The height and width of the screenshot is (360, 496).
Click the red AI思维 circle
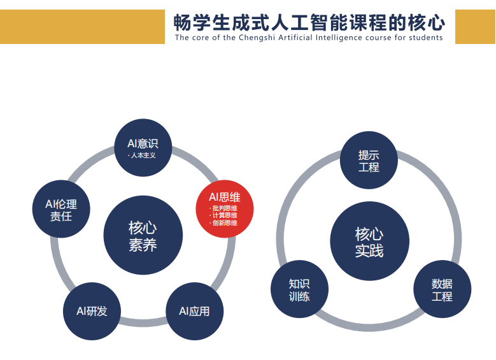pyautogui.click(x=225, y=209)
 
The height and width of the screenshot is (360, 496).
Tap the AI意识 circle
pyautogui.click(x=143, y=148)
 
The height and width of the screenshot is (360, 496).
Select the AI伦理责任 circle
pyautogui.click(x=61, y=209)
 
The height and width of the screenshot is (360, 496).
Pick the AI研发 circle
pyautogui.click(x=92, y=311)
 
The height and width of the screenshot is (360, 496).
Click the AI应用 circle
pyautogui.click(x=195, y=311)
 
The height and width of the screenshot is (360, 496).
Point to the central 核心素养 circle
pyautogui.click(x=143, y=235)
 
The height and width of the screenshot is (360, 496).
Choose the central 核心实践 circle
pyautogui.click(x=369, y=241)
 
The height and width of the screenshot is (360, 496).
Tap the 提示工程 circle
pyautogui.click(x=369, y=160)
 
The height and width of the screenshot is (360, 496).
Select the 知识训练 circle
pyautogui.click(x=299, y=289)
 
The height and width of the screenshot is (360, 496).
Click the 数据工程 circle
pyautogui.click(x=443, y=289)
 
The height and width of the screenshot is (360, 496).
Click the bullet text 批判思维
pyautogui.click(x=225, y=208)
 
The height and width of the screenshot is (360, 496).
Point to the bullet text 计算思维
pyautogui.click(x=225, y=215)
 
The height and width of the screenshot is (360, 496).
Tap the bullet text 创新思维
pyautogui.click(x=225, y=223)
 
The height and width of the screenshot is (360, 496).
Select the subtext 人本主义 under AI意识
pyautogui.click(x=143, y=155)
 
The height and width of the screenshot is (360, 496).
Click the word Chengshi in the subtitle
pyautogui.click(x=257, y=38)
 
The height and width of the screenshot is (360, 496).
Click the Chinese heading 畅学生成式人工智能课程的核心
pyautogui.click(x=309, y=22)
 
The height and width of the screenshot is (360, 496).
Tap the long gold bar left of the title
pyautogui.click(x=82, y=27)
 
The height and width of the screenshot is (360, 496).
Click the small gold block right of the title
pyautogui.click(x=476, y=27)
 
